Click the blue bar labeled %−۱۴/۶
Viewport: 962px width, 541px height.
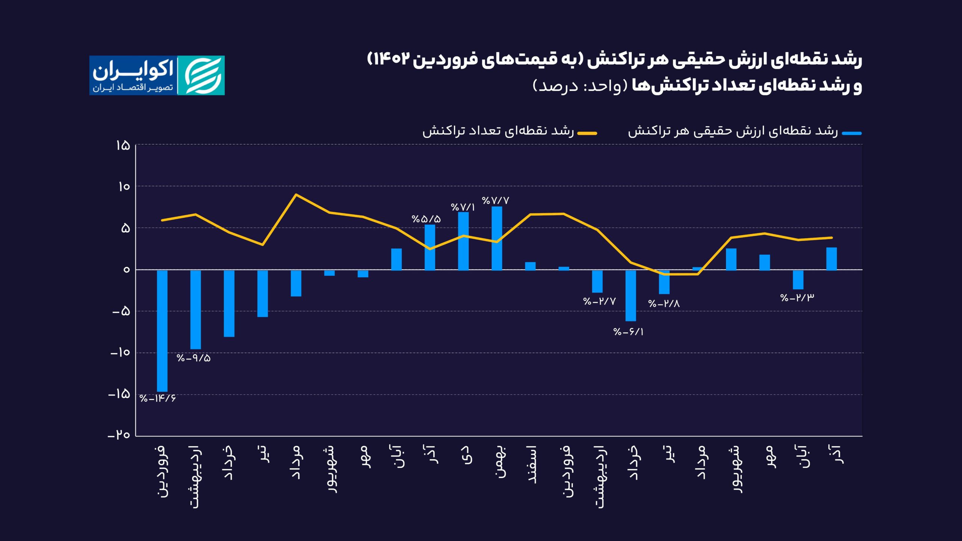(162, 331)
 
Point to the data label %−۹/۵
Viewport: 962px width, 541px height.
(194, 358)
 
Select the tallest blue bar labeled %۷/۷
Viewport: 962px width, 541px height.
(497, 238)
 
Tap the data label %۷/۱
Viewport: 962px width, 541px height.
(463, 207)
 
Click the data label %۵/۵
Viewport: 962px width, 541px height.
(426, 219)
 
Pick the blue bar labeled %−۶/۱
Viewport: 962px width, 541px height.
(631, 295)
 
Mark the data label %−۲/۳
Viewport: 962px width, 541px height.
(797, 298)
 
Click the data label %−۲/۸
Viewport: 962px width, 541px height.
(664, 304)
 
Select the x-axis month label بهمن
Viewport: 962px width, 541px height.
(500, 462)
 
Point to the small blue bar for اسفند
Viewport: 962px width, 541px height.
(530, 266)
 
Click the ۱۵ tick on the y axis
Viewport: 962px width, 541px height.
(123, 145)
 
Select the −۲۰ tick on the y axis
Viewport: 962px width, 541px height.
(119, 435)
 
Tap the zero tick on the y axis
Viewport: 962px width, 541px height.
(126, 270)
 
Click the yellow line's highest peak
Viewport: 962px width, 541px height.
(296, 195)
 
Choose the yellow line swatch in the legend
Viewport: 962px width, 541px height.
(587, 133)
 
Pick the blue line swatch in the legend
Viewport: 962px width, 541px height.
(852, 133)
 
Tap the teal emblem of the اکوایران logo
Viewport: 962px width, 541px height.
(201, 76)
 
